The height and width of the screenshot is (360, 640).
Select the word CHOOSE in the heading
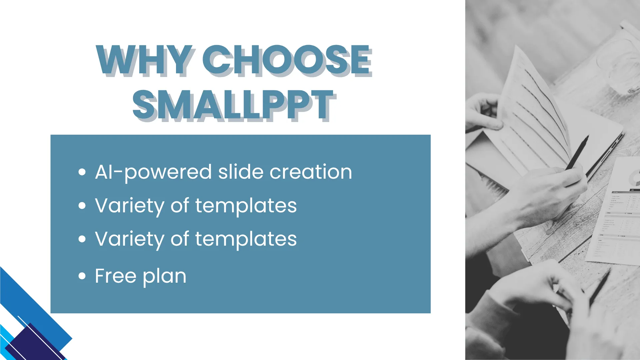click(x=287, y=60)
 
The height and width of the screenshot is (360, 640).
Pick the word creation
click(x=311, y=172)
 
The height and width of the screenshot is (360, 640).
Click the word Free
click(x=116, y=276)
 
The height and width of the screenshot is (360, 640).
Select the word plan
click(x=165, y=276)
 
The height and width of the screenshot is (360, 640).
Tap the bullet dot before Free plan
click(x=82, y=276)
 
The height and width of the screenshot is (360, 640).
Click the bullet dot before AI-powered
click(x=82, y=172)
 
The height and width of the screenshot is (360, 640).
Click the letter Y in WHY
click(x=180, y=60)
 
